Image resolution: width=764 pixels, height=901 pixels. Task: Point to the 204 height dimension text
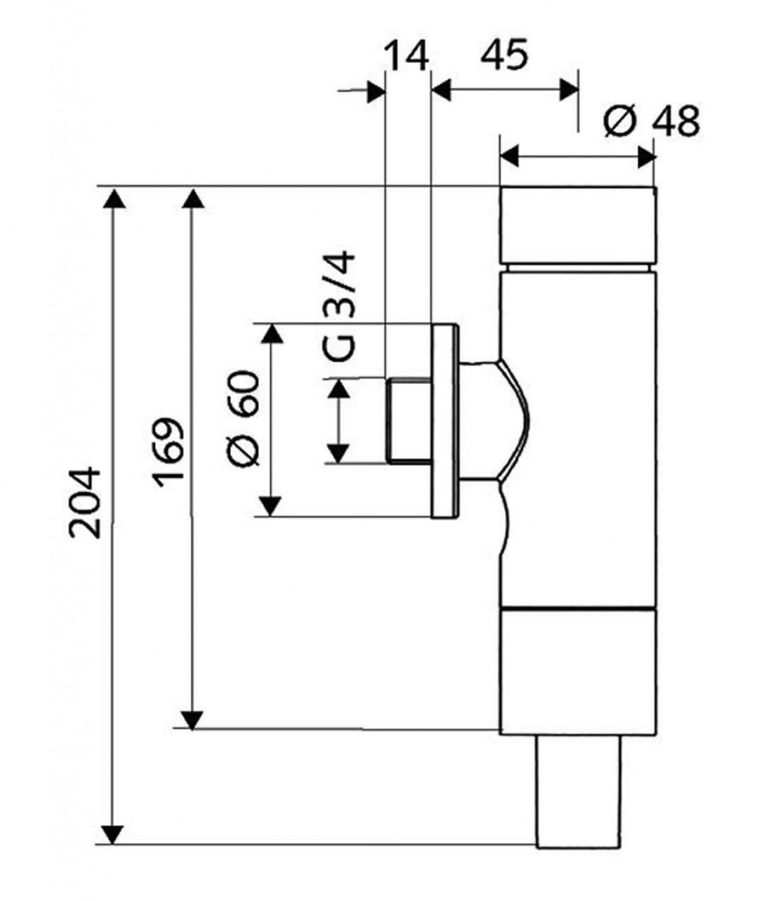point(88,502)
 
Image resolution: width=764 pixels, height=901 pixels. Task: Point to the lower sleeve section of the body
point(577,670)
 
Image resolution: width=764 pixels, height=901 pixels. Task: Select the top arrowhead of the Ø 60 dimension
point(270,334)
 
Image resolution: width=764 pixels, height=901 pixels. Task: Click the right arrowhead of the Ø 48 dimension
point(647,157)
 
